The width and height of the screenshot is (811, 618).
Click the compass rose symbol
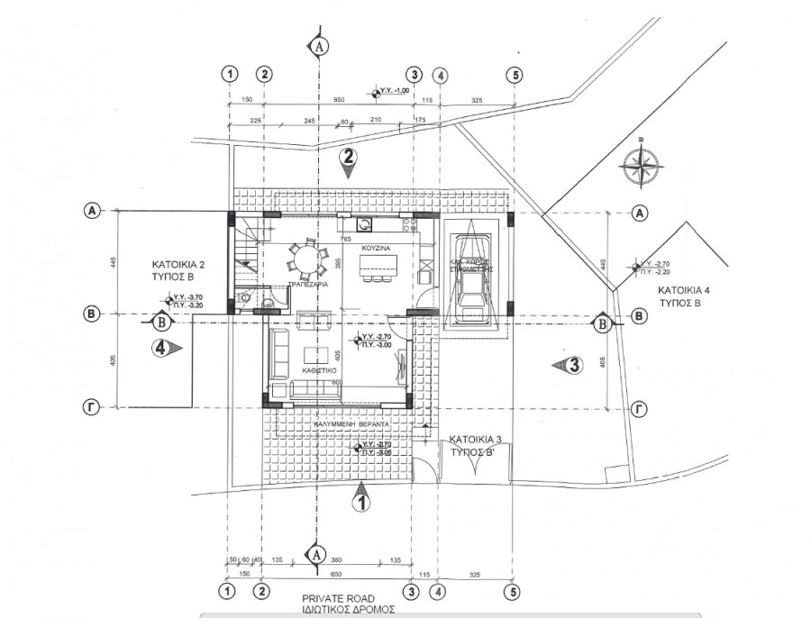click(x=641, y=167)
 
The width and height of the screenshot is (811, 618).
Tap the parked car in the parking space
click(x=472, y=277)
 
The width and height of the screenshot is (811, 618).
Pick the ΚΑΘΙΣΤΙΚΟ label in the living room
click(x=320, y=369)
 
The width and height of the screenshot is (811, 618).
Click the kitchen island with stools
click(x=378, y=268)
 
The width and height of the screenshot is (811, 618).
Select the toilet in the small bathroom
click(x=244, y=301)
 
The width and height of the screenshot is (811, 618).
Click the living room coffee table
click(x=316, y=352)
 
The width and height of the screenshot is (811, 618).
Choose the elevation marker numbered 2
click(x=349, y=160)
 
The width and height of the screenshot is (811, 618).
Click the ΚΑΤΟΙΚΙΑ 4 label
click(x=687, y=292)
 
